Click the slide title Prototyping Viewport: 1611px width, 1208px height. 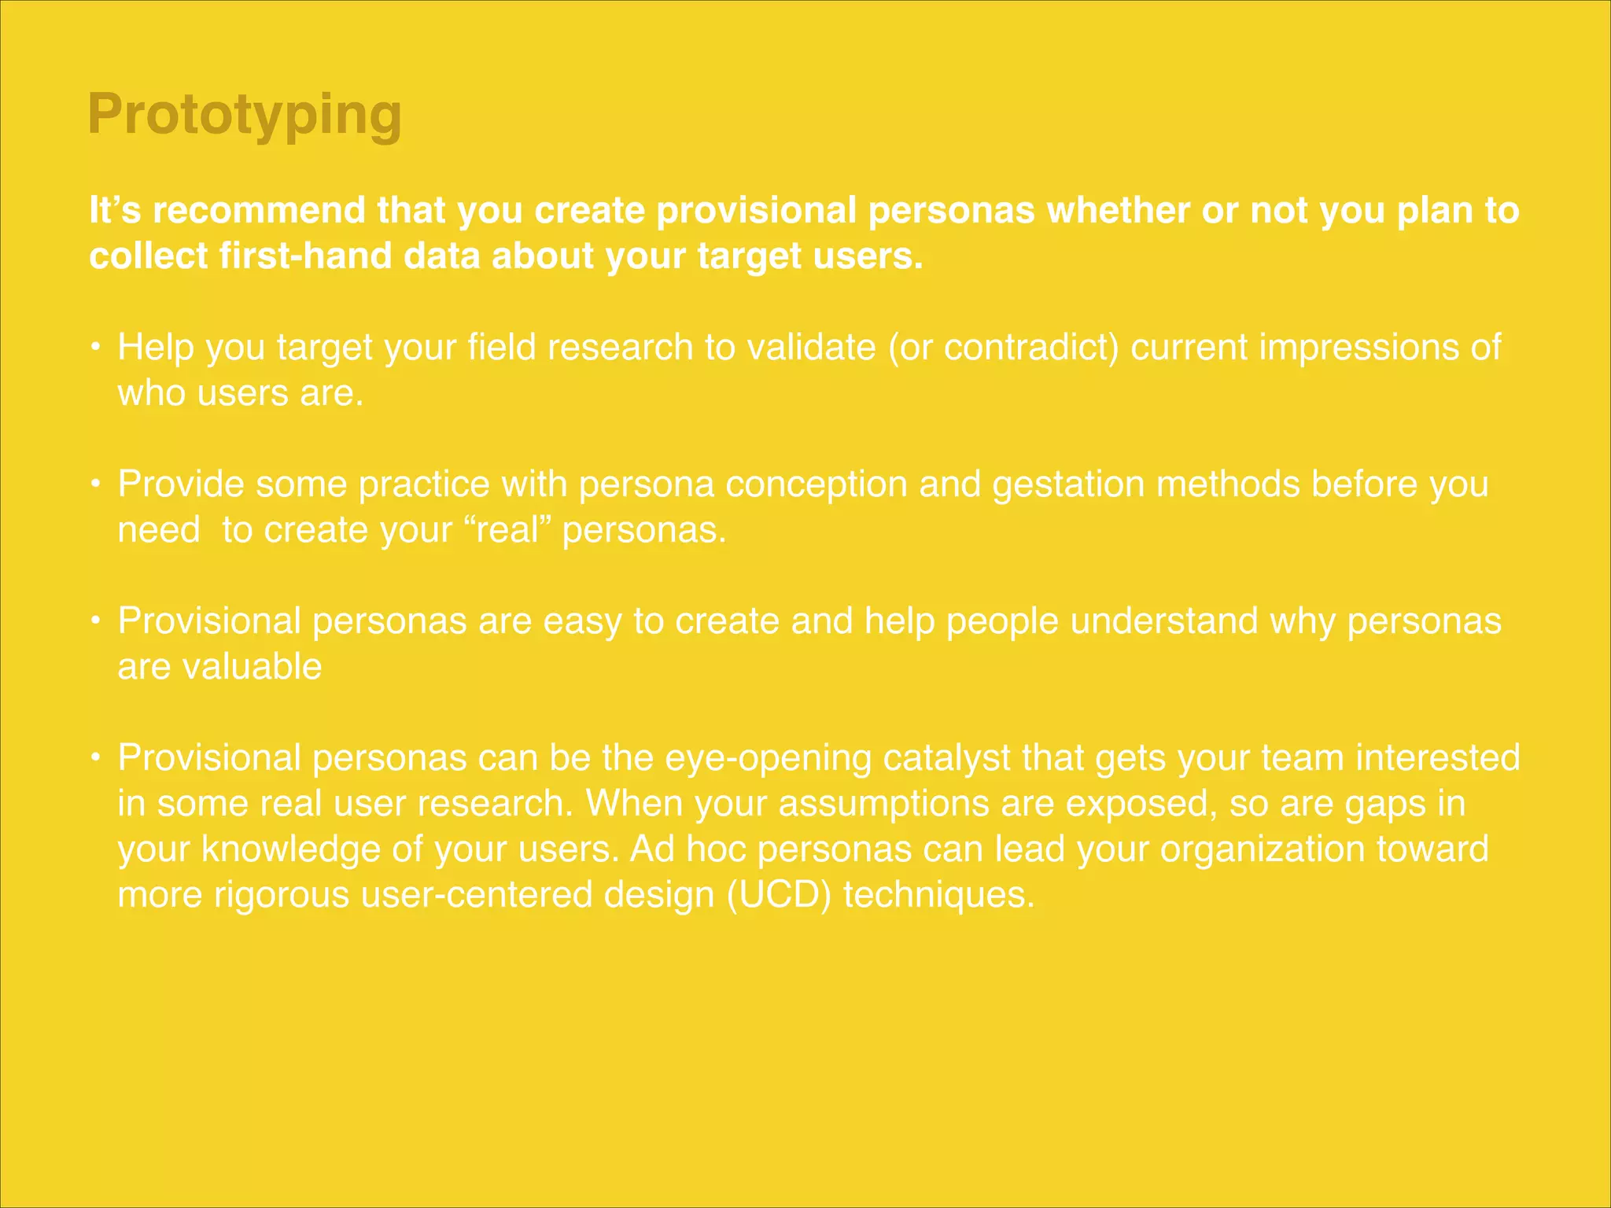tap(245, 115)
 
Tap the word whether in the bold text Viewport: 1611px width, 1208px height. tap(1117, 211)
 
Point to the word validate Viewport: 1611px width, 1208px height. tap(811, 348)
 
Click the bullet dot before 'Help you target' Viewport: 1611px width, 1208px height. tap(94, 347)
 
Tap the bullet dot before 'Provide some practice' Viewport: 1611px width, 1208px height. tap(94, 484)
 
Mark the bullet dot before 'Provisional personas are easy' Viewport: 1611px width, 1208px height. tap(94, 621)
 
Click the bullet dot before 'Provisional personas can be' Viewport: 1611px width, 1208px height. tap(94, 757)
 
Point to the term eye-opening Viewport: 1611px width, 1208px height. tap(769, 758)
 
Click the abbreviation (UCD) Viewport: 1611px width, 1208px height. tap(779, 895)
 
